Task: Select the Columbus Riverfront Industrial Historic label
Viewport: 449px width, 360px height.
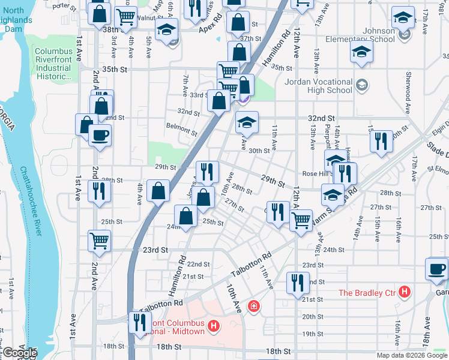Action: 53,64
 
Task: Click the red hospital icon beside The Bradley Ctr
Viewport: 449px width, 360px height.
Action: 405,293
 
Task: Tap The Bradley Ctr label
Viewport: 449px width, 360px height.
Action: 367,293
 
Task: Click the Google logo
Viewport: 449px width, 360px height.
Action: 19,353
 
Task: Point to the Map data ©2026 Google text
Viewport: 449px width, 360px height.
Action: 411,355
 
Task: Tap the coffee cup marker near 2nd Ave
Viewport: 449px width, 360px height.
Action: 100,135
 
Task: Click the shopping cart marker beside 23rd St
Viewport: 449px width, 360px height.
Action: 100,241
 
